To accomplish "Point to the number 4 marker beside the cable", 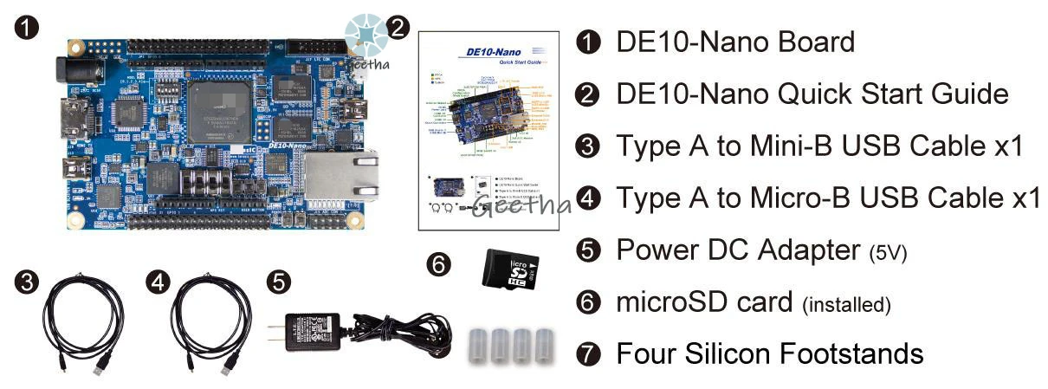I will coord(158,282).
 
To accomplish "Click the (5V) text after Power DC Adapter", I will coord(888,252).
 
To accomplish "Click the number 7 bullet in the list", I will coord(589,353).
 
